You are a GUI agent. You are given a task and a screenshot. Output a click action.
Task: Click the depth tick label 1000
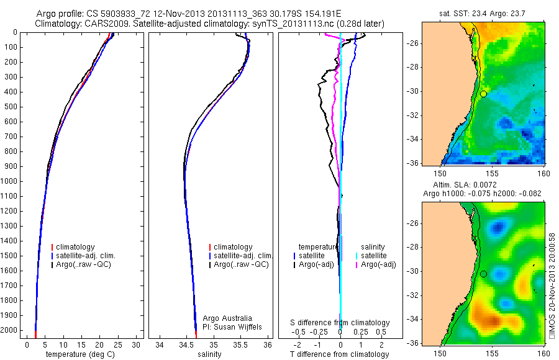tap(10, 181)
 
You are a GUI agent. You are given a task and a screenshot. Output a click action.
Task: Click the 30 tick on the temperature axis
tap(137, 344)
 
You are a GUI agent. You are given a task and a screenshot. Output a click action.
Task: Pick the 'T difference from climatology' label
tap(339, 354)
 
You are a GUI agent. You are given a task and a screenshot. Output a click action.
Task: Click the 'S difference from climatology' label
tap(340, 323)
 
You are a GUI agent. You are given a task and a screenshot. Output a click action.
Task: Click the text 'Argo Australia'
tap(228, 318)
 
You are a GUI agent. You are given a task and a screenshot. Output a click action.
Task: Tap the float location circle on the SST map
tap(483, 94)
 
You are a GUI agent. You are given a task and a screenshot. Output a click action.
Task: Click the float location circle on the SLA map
tap(483, 274)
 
